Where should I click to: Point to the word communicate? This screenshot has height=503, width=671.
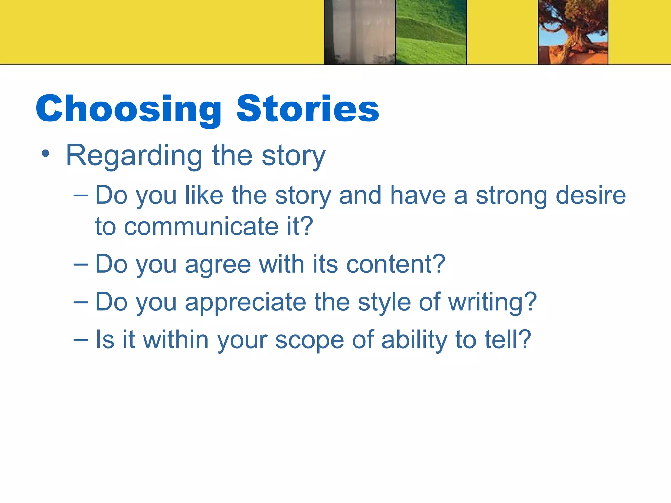coord(201,227)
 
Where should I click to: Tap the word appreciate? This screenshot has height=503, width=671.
coord(245,303)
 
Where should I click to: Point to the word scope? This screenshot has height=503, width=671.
coord(309,341)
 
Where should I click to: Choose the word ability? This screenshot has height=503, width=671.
coord(414,341)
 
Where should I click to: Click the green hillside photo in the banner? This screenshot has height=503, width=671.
coord(431,32)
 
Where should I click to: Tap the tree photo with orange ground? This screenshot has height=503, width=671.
coord(573,32)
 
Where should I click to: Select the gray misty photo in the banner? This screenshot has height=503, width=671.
coord(360,32)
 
